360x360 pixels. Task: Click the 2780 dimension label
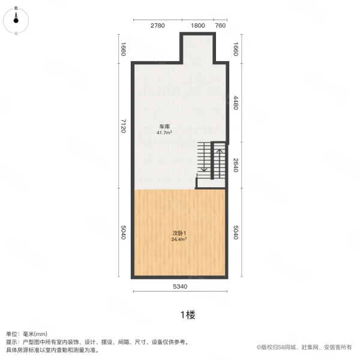[x=158, y=25]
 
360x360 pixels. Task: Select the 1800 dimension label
[x=197, y=25]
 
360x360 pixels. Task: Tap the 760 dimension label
[x=220, y=25]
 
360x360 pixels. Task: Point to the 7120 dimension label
[x=122, y=126]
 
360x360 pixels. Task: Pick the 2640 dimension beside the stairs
[x=236, y=165]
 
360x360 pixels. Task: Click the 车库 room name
[x=163, y=126]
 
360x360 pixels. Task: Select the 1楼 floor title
[x=180, y=314]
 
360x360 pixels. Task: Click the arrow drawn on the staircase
[x=220, y=160]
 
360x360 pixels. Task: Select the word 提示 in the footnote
[x=12, y=341]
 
